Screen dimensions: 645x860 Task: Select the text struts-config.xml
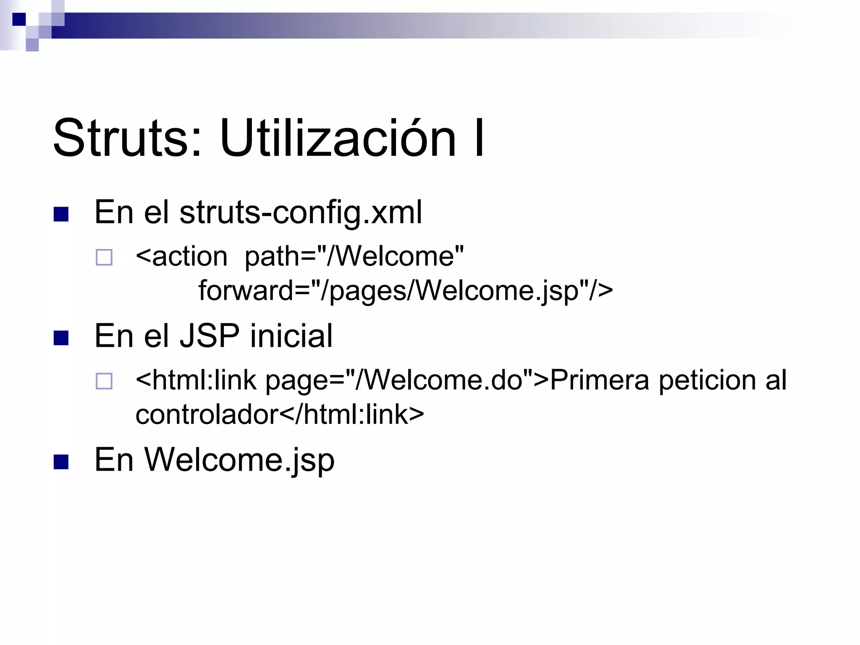300,212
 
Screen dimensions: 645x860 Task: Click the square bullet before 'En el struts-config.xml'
61,214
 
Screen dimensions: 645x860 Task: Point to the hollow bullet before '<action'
104,257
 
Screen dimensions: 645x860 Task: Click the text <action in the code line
181,256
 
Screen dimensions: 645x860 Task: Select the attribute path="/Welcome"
354,256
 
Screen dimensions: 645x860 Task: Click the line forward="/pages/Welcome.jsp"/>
405,291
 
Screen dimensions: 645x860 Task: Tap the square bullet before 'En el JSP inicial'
61,338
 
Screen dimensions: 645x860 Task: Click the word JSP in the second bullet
210,336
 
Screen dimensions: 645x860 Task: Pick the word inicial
291,336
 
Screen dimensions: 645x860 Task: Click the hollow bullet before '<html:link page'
104,381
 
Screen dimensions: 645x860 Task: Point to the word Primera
599,380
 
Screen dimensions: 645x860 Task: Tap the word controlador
207,414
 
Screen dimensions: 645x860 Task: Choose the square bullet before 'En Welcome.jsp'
61,462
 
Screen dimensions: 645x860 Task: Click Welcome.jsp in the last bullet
239,460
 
